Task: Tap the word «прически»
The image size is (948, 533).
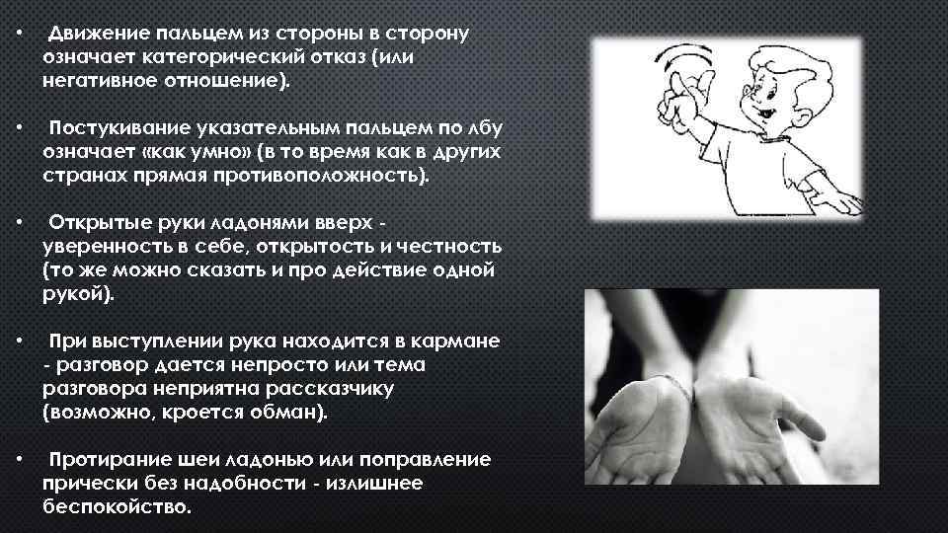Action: [83, 485]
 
